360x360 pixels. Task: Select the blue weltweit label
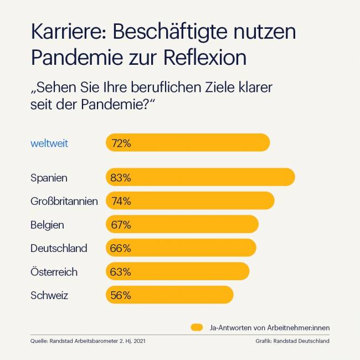pyautogui.click(x=49, y=143)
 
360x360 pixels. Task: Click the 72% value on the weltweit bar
pyautogui.click(x=121, y=143)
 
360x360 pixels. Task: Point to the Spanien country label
pyautogui.click(x=49, y=178)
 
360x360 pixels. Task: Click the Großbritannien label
pyautogui.click(x=64, y=201)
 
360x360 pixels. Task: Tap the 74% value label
pyautogui.click(x=121, y=201)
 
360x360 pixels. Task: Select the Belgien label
pyautogui.click(x=47, y=225)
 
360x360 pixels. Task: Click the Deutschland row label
pyautogui.click(x=59, y=248)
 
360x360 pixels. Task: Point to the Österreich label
pyautogui.click(x=54, y=272)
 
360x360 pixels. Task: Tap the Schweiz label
pyautogui.click(x=49, y=295)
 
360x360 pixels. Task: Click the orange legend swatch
pyautogui.click(x=197, y=327)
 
